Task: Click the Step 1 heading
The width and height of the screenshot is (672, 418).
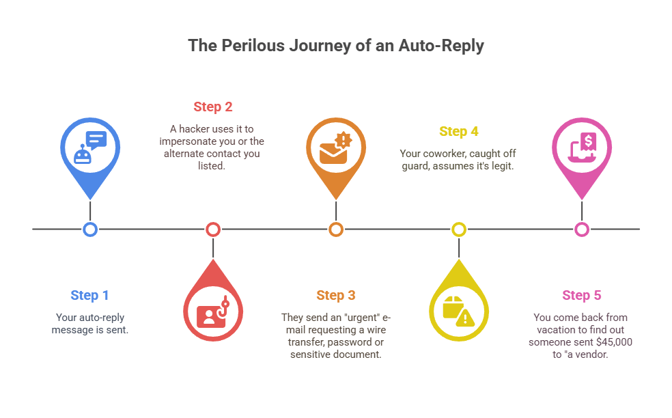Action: [89, 295]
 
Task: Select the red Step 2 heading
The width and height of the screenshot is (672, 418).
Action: [212, 107]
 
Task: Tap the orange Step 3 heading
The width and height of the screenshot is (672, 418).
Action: [335, 295]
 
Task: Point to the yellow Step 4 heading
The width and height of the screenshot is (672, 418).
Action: [458, 131]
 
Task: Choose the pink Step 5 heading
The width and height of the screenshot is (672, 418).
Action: [581, 295]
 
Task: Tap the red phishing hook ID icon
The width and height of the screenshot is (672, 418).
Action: [213, 311]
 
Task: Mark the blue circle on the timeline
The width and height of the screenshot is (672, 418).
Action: [90, 229]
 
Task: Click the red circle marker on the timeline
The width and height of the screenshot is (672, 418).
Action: [213, 229]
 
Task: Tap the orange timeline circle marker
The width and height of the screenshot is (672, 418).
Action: [335, 229]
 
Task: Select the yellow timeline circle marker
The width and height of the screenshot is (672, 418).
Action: [458, 229]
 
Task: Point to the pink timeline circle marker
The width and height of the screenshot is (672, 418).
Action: [581, 229]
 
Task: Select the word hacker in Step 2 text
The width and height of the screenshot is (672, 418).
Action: [193, 128]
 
